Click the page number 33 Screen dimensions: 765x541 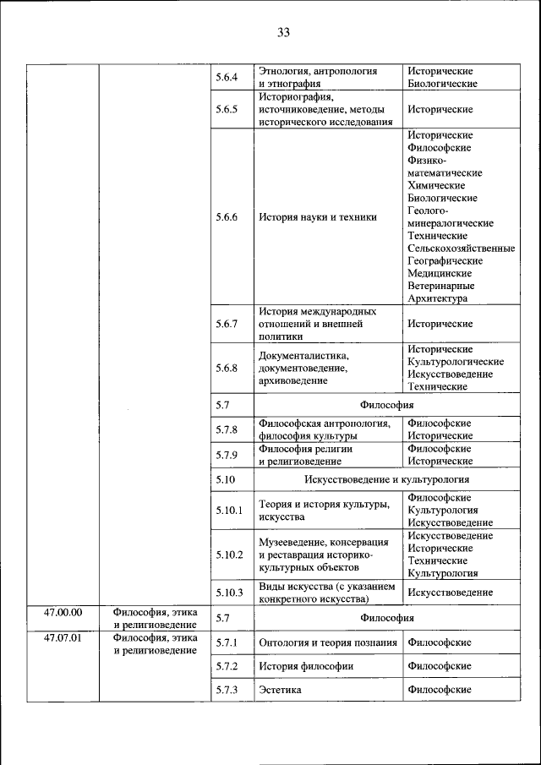coord(282,33)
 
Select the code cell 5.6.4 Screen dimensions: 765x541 coord(227,78)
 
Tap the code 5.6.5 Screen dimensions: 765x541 coord(227,110)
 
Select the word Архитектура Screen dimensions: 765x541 coord(437,298)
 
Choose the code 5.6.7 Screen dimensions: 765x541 coord(227,324)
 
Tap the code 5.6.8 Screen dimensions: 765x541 coord(227,368)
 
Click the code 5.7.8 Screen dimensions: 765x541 coord(227,429)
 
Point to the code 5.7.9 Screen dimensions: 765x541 coord(227,455)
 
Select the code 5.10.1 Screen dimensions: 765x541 coord(229,510)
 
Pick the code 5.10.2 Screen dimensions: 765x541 coord(229,555)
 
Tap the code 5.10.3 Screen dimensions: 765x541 coord(229,593)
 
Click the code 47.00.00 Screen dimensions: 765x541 coord(63,611)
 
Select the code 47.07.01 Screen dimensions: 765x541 coord(63,637)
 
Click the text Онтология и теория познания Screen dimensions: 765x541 coord(328,642)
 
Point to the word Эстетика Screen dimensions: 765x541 coord(281,691)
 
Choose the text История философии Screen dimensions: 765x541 coord(306,666)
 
